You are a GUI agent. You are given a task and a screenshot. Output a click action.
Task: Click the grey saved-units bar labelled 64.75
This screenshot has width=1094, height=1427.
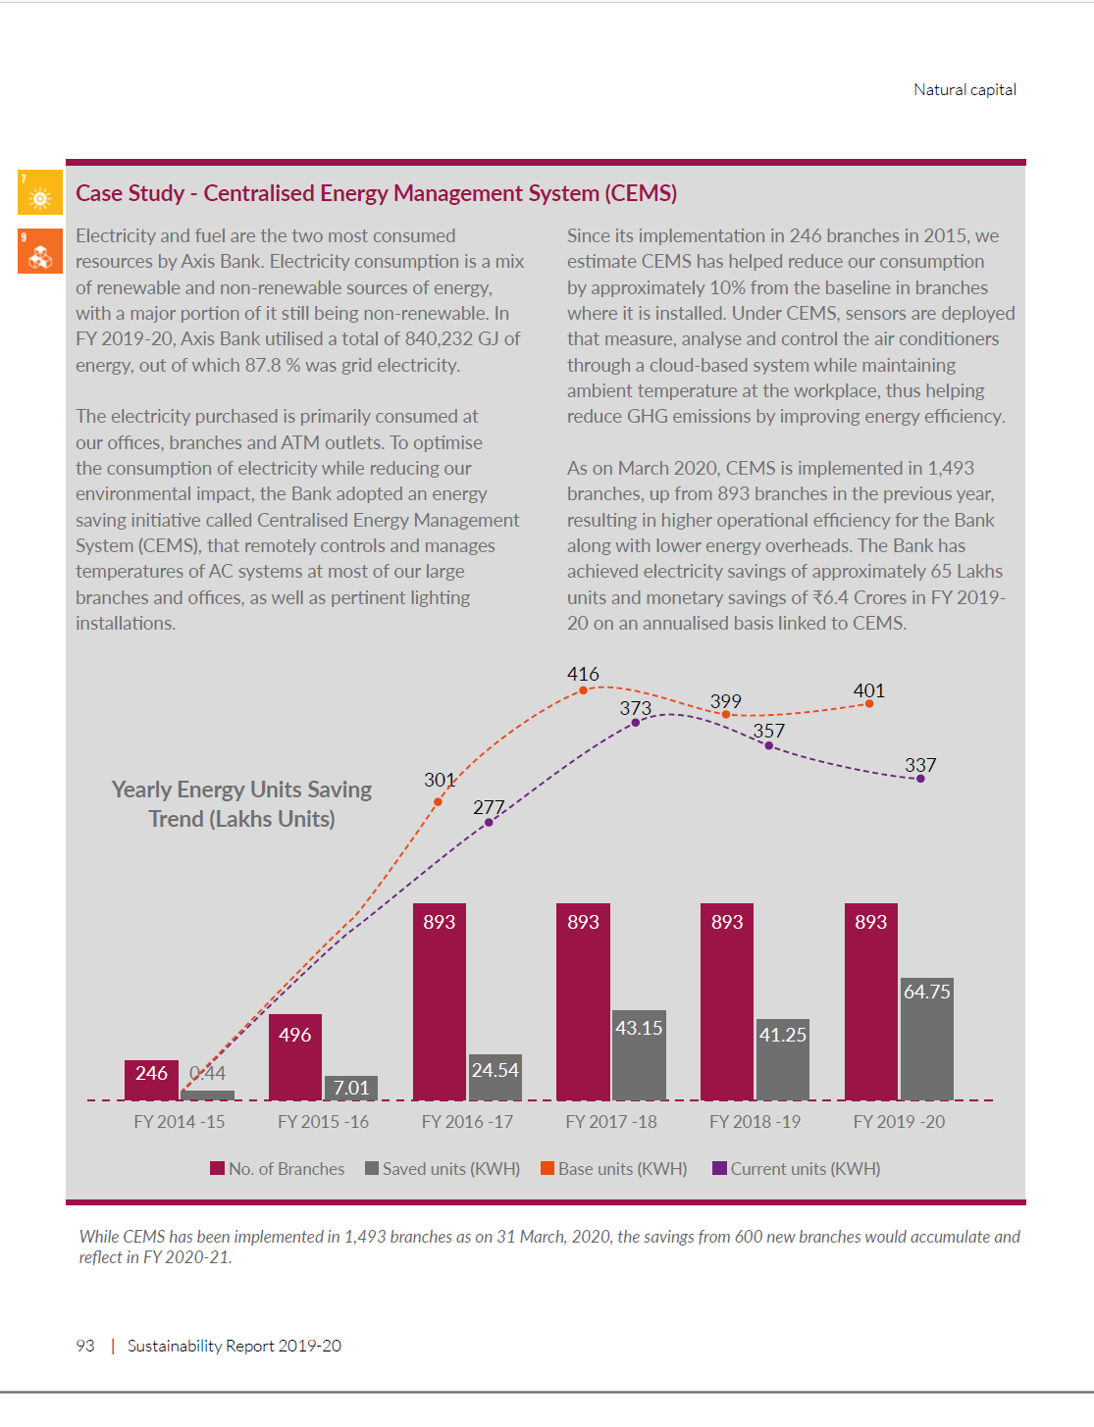(x=926, y=1040)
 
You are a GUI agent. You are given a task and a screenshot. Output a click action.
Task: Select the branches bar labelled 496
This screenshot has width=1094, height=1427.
(x=294, y=1057)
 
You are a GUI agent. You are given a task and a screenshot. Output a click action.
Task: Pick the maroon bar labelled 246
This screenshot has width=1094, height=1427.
(x=151, y=1080)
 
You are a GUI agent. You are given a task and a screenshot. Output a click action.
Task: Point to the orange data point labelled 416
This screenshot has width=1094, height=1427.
(x=583, y=690)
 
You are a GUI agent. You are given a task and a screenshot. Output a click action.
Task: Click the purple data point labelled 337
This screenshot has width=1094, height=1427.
(x=920, y=779)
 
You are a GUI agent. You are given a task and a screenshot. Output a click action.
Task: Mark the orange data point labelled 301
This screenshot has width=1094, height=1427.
(x=438, y=802)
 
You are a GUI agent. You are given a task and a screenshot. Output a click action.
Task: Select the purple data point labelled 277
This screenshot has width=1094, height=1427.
(x=489, y=822)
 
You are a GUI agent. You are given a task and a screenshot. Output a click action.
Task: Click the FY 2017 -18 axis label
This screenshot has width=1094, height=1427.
(x=611, y=1122)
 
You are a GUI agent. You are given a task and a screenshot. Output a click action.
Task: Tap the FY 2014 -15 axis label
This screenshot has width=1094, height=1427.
(x=180, y=1122)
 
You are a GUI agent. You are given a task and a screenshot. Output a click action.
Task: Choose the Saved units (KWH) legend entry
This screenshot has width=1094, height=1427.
(x=443, y=1169)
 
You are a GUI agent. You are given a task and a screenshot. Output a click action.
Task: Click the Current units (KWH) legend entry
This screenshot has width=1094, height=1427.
(x=797, y=1169)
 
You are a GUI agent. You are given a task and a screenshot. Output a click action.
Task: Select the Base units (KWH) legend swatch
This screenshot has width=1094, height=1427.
(x=547, y=1168)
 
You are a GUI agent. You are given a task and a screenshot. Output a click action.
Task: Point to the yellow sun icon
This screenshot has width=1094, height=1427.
(x=39, y=192)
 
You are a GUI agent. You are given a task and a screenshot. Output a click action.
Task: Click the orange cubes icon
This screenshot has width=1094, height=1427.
(x=39, y=251)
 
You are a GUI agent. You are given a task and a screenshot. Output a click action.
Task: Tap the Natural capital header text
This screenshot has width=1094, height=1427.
(x=964, y=90)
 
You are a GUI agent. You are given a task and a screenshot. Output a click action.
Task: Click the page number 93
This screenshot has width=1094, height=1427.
(x=85, y=1346)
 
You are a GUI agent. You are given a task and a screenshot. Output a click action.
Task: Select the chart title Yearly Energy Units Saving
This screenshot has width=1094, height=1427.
(x=241, y=790)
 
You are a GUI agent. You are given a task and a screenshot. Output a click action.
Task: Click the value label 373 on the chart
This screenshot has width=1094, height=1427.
(x=636, y=708)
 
